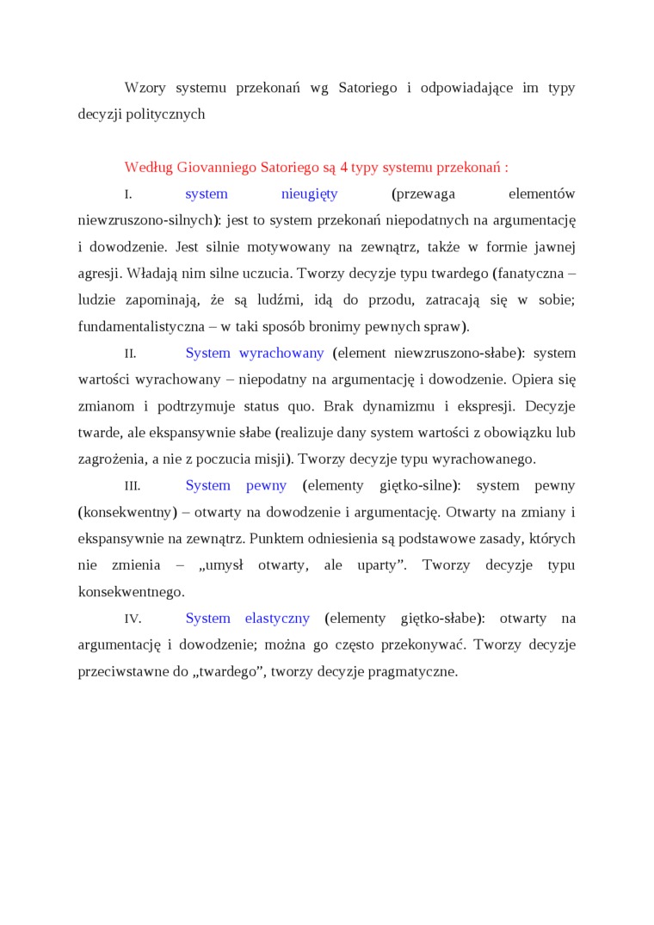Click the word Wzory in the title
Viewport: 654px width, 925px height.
pyautogui.click(x=145, y=88)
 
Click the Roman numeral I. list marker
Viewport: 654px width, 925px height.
pyautogui.click(x=128, y=194)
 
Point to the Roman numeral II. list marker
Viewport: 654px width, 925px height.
pyautogui.click(x=130, y=354)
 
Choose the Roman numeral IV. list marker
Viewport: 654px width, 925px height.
pyautogui.click(x=133, y=619)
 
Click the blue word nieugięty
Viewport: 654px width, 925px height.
pyautogui.click(x=310, y=194)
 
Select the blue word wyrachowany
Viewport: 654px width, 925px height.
pyautogui.click(x=281, y=353)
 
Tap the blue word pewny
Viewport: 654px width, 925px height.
pyautogui.click(x=266, y=485)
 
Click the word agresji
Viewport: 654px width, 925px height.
pyautogui.click(x=100, y=273)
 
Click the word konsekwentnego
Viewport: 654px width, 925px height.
pyautogui.click(x=131, y=592)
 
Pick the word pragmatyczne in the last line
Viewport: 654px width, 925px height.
pyautogui.click(x=410, y=671)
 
